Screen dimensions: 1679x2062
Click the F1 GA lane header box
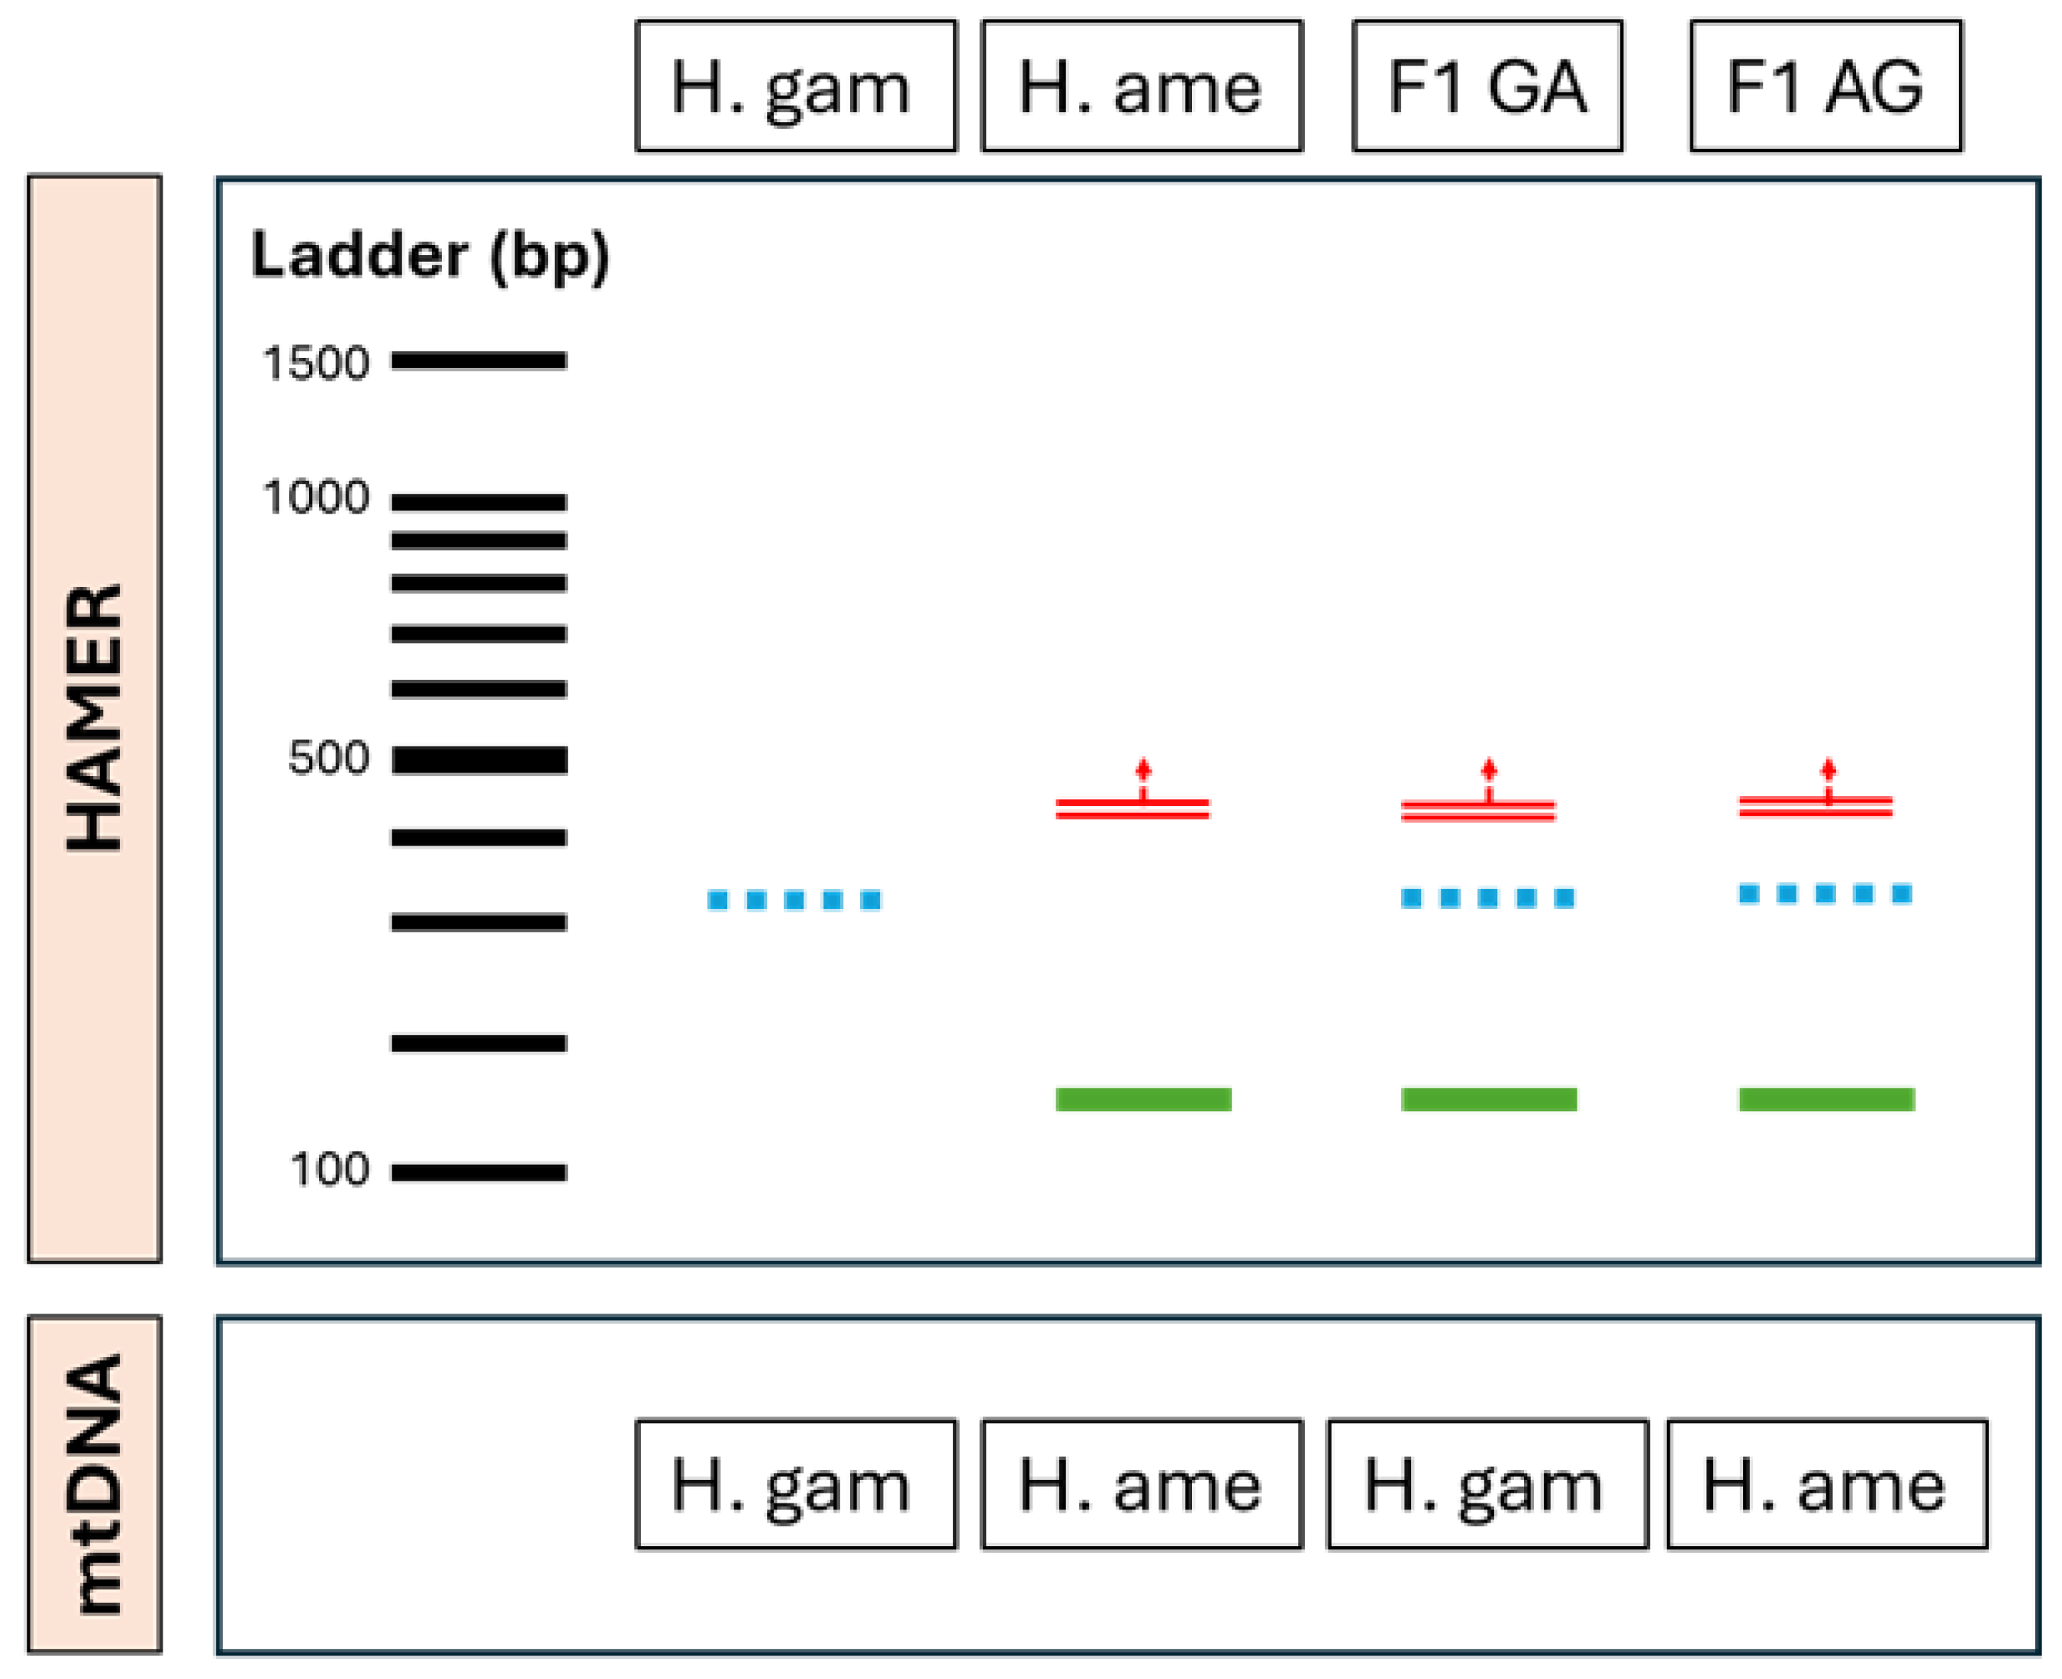pyautogui.click(x=1487, y=86)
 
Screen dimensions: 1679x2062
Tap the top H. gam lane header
pyautogui.click(x=795, y=86)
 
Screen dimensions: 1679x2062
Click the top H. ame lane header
pyautogui.click(x=1141, y=86)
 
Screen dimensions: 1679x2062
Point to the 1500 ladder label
pyautogui.click(x=315, y=363)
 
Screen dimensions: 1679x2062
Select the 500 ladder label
pyautogui.click(x=328, y=757)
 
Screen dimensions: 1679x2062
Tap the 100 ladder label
pyautogui.click(x=329, y=1170)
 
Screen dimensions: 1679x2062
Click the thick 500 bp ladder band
pyautogui.click(x=478, y=760)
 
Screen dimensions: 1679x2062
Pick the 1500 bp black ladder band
pyautogui.click(x=478, y=361)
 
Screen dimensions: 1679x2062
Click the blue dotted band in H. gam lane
pyautogui.click(x=794, y=901)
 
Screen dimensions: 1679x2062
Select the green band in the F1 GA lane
pyautogui.click(x=1488, y=1100)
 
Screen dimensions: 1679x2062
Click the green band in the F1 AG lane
pyautogui.click(x=1826, y=1100)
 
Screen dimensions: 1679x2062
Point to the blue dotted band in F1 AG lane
pyautogui.click(x=1825, y=894)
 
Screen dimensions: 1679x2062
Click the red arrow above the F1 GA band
pyautogui.click(x=1488, y=772)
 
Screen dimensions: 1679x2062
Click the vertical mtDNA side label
pyautogui.click(x=94, y=1484)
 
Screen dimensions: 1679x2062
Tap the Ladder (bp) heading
pyautogui.click(x=430, y=256)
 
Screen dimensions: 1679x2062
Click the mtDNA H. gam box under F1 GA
pyautogui.click(x=1487, y=1484)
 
